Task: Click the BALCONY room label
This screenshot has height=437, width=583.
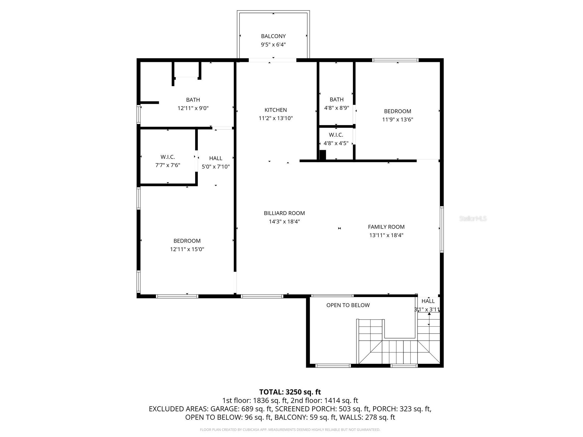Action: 273,36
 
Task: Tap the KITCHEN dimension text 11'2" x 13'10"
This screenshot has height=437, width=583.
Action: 275,118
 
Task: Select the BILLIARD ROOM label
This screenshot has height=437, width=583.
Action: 284,213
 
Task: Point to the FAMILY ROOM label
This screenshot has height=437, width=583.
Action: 386,227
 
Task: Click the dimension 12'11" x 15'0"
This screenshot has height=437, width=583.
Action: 187,249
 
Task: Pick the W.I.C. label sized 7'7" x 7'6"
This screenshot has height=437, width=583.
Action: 168,157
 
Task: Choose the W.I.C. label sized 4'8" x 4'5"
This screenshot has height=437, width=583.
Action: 336,135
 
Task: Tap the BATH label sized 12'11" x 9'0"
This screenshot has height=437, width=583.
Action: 193,100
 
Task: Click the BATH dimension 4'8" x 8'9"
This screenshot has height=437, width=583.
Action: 336,108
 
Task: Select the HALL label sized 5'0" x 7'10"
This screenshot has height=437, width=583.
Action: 215,158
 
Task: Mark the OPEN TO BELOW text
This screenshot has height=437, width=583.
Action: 348,305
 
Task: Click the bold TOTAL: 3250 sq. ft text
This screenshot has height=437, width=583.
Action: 290,392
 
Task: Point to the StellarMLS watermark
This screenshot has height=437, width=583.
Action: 473,219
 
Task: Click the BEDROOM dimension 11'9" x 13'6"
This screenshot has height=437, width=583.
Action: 397,119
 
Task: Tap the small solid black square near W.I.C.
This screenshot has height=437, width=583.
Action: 322,155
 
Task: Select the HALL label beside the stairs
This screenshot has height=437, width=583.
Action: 428,301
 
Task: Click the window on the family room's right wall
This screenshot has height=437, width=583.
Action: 441,229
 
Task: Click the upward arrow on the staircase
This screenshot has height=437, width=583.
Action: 429,314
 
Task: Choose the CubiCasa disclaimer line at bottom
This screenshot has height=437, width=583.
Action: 290,430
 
